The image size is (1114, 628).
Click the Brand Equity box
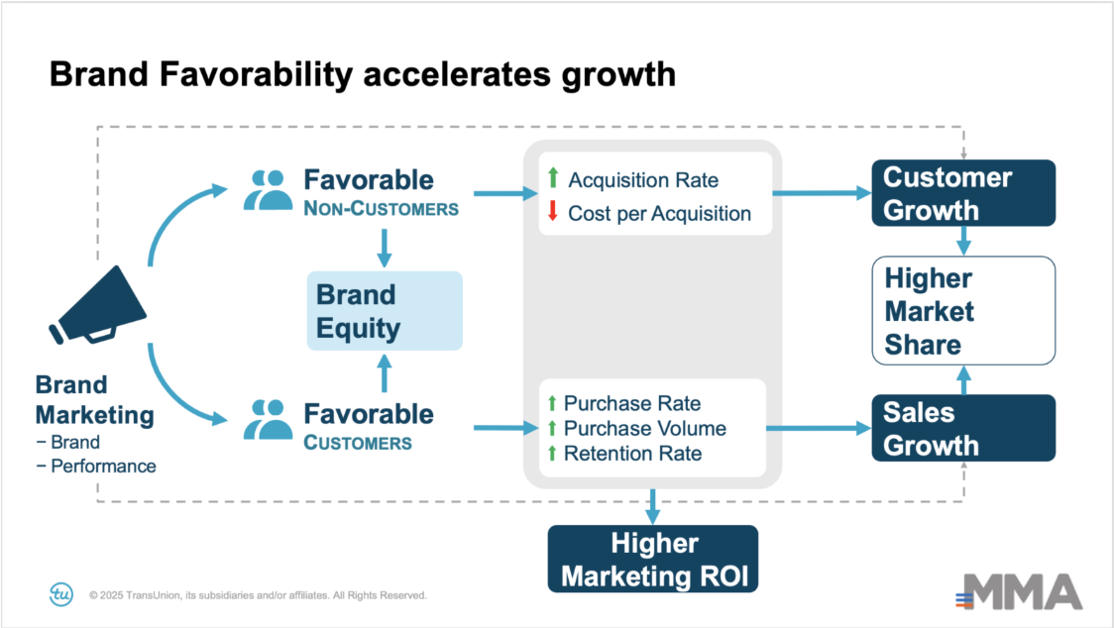(x=385, y=310)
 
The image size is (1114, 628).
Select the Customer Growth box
(x=963, y=193)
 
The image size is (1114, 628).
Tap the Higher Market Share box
(x=963, y=310)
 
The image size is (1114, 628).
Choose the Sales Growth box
(x=963, y=428)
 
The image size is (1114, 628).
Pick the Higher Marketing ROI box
(x=653, y=559)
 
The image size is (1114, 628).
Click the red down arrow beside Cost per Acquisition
(x=553, y=211)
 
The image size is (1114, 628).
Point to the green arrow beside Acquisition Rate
(x=553, y=177)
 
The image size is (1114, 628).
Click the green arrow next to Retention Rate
(x=552, y=453)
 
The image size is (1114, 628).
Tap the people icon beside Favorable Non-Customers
(x=268, y=189)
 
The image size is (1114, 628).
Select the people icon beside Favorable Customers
(x=268, y=419)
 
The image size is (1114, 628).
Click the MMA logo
(x=1020, y=591)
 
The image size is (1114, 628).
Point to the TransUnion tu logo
(x=61, y=594)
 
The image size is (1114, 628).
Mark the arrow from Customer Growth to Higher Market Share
(x=963, y=241)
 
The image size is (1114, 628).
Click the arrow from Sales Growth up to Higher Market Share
(x=963, y=380)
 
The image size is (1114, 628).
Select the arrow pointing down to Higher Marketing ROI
(x=653, y=506)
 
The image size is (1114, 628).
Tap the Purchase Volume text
(x=645, y=428)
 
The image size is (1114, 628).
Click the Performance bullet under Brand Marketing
(x=96, y=466)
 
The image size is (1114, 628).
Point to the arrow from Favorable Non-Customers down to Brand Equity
(x=385, y=248)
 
